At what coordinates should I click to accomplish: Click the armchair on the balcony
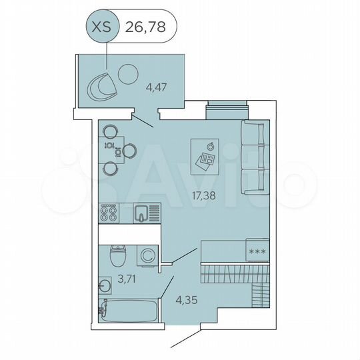click(x=102, y=86)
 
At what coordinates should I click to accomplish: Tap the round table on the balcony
click(x=127, y=73)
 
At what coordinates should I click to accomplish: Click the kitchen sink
click(x=141, y=214)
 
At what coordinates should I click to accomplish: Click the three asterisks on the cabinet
click(x=256, y=251)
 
